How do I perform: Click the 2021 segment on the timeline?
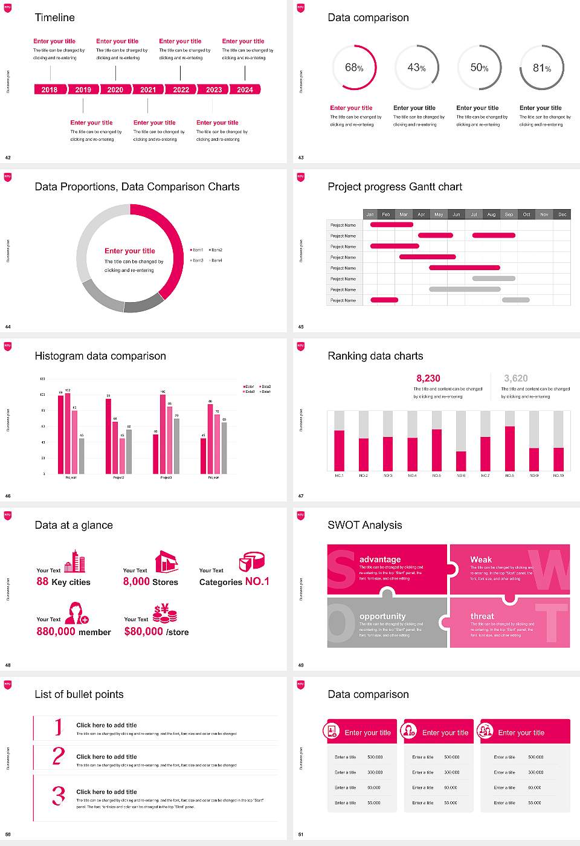[148, 89]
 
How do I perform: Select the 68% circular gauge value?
[354, 68]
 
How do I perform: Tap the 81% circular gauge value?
[542, 68]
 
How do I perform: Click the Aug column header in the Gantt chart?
[491, 215]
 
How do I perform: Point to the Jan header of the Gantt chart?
[370, 215]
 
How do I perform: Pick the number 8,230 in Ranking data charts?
[428, 378]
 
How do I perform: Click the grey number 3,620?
[516, 378]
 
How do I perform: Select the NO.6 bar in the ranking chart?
[461, 460]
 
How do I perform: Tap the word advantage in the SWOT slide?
[380, 560]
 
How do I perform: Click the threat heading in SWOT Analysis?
[482, 616]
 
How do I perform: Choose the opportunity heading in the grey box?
[382, 616]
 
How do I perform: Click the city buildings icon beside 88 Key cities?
[75, 561]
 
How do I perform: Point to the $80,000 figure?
[144, 631]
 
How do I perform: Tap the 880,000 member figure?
[56, 631]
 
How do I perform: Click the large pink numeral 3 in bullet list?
[59, 795]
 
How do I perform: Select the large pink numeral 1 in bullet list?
[59, 726]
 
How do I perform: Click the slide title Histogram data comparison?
[100, 356]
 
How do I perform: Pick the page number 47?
[301, 496]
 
